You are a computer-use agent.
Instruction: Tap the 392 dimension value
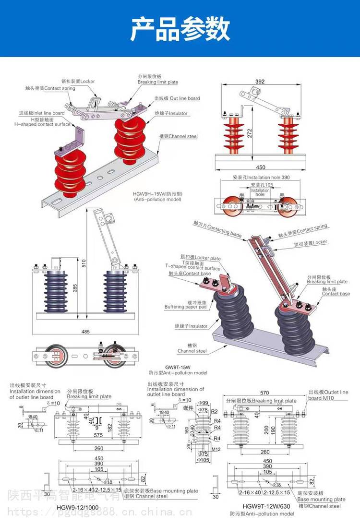pyautogui.click(x=260, y=82)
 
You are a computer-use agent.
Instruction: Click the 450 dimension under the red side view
pyautogui.click(x=260, y=167)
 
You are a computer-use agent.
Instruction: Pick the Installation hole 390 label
pyautogui.click(x=261, y=178)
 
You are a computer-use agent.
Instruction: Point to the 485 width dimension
pyautogui.click(x=85, y=332)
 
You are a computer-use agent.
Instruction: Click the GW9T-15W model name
pyautogui.click(x=178, y=365)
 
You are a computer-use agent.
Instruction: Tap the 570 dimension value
pyautogui.click(x=264, y=392)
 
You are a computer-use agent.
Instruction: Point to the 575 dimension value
pyautogui.click(x=98, y=435)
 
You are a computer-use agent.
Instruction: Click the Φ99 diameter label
pyautogui.click(x=203, y=403)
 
